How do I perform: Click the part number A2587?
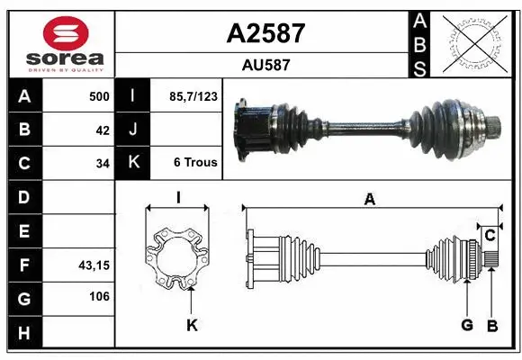click(x=265, y=34)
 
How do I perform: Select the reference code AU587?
click(x=265, y=65)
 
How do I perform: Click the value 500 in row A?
click(x=99, y=96)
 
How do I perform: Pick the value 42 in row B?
click(x=103, y=130)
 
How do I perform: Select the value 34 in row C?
click(x=103, y=163)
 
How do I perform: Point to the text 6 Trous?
click(x=195, y=163)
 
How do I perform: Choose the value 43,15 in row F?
click(x=95, y=265)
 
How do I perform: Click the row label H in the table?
click(x=24, y=332)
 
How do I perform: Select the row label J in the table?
click(x=133, y=130)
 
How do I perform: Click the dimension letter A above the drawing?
click(x=369, y=200)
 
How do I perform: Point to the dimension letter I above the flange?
click(x=179, y=197)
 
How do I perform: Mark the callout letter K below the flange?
click(x=191, y=325)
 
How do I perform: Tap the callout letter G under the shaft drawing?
click(x=466, y=325)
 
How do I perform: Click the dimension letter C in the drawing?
click(x=490, y=236)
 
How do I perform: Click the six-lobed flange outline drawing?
click(x=177, y=257)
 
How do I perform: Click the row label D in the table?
click(x=24, y=196)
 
